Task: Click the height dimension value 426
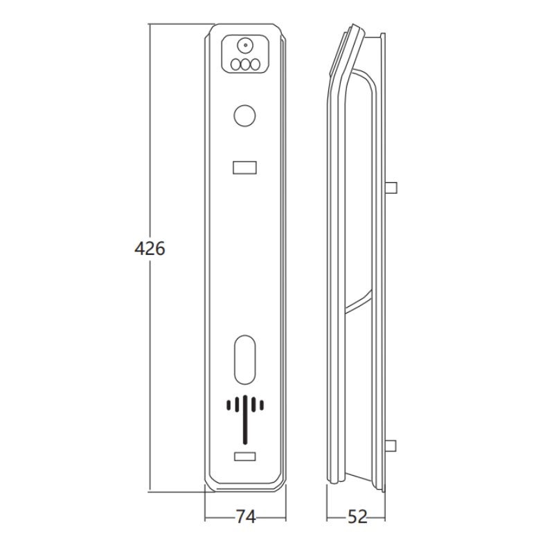coord(150,249)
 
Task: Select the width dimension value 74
coord(246,517)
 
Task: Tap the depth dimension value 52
coord(357,517)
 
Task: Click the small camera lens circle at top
coord(244,45)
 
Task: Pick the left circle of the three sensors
coord(235,64)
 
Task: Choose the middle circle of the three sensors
coord(245,64)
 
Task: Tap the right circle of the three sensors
coord(255,64)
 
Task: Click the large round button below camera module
coord(244,115)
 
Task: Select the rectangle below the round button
coord(244,168)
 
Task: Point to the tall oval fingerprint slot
coord(244,359)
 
